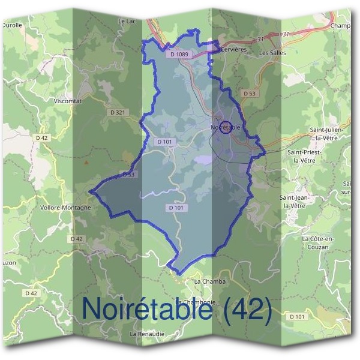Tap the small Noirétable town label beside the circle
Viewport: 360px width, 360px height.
pyautogui.click(x=226, y=127)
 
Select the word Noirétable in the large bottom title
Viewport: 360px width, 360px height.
pyautogui.click(x=146, y=309)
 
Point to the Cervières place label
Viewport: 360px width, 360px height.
pyautogui.click(x=235, y=50)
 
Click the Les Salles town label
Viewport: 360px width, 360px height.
pyautogui.click(x=272, y=53)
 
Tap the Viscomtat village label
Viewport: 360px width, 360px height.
pyautogui.click(x=67, y=101)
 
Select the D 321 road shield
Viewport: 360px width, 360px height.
pyautogui.click(x=119, y=112)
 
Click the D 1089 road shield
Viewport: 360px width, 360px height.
pyautogui.click(x=179, y=55)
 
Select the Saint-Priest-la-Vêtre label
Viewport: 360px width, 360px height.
pyautogui.click(x=305, y=157)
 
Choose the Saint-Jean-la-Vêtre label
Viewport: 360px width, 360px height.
pyautogui.click(x=299, y=201)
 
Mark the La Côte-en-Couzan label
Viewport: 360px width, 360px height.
pyautogui.click(x=319, y=242)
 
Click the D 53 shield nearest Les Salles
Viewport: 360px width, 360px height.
pyautogui.click(x=250, y=94)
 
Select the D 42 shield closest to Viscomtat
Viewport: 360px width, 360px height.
pyautogui.click(x=41, y=137)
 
